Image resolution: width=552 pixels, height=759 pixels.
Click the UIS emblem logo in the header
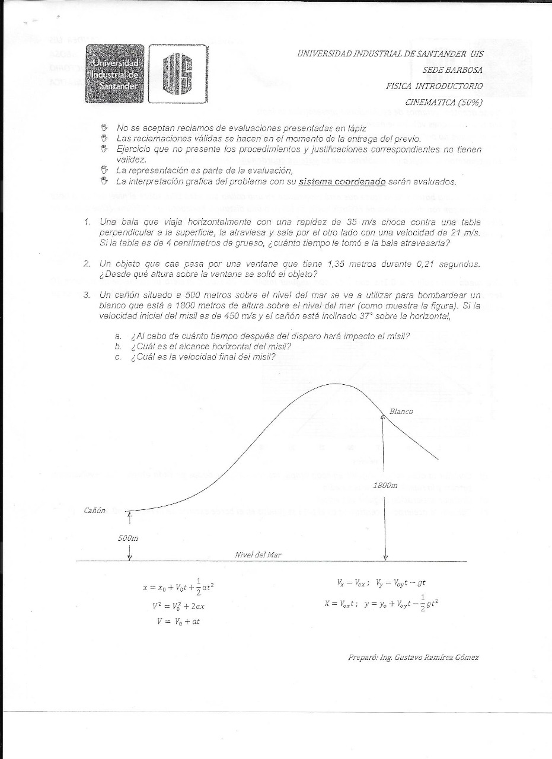pyautogui.click(x=178, y=74)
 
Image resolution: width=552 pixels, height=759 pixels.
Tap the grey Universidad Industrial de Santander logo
pyautogui.click(x=114, y=74)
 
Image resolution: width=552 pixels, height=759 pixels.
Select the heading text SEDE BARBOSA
pyautogui.click(x=452, y=69)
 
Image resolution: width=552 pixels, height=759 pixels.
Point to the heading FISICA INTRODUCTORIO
pyautogui.click(x=434, y=86)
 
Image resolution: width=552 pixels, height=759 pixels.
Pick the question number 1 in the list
pyautogui.click(x=87, y=222)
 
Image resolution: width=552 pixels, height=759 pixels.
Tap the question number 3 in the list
pyautogui.click(x=87, y=294)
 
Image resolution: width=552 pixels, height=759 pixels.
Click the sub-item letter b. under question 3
pyautogui.click(x=119, y=346)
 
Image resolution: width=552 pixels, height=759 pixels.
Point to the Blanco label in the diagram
pyautogui.click(x=401, y=411)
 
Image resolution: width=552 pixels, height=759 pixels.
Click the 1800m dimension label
pyautogui.click(x=385, y=485)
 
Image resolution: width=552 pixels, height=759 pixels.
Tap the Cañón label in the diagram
pyautogui.click(x=94, y=511)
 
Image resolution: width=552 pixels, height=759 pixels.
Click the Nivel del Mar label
pyautogui.click(x=258, y=555)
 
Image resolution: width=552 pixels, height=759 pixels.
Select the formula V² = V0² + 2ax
pyautogui.click(x=178, y=606)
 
